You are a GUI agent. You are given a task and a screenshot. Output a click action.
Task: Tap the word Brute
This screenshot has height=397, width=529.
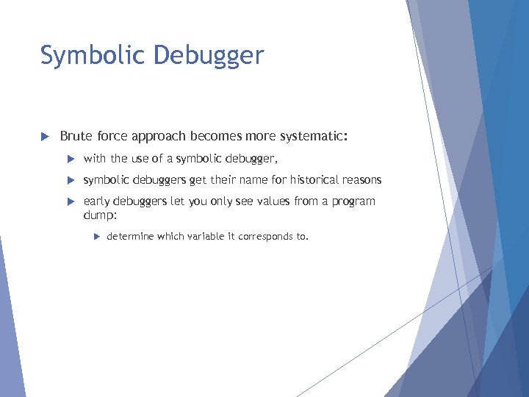(x=76, y=136)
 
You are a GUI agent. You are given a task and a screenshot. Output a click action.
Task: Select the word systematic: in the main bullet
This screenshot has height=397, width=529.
(x=313, y=136)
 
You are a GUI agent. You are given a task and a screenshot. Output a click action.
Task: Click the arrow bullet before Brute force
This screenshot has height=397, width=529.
(x=44, y=137)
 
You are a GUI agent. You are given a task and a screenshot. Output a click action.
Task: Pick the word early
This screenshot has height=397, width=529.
(x=96, y=201)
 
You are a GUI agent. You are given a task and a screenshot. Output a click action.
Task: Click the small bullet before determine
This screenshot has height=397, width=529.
(x=96, y=237)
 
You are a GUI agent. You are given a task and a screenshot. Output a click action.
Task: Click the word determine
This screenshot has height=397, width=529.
(x=130, y=236)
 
